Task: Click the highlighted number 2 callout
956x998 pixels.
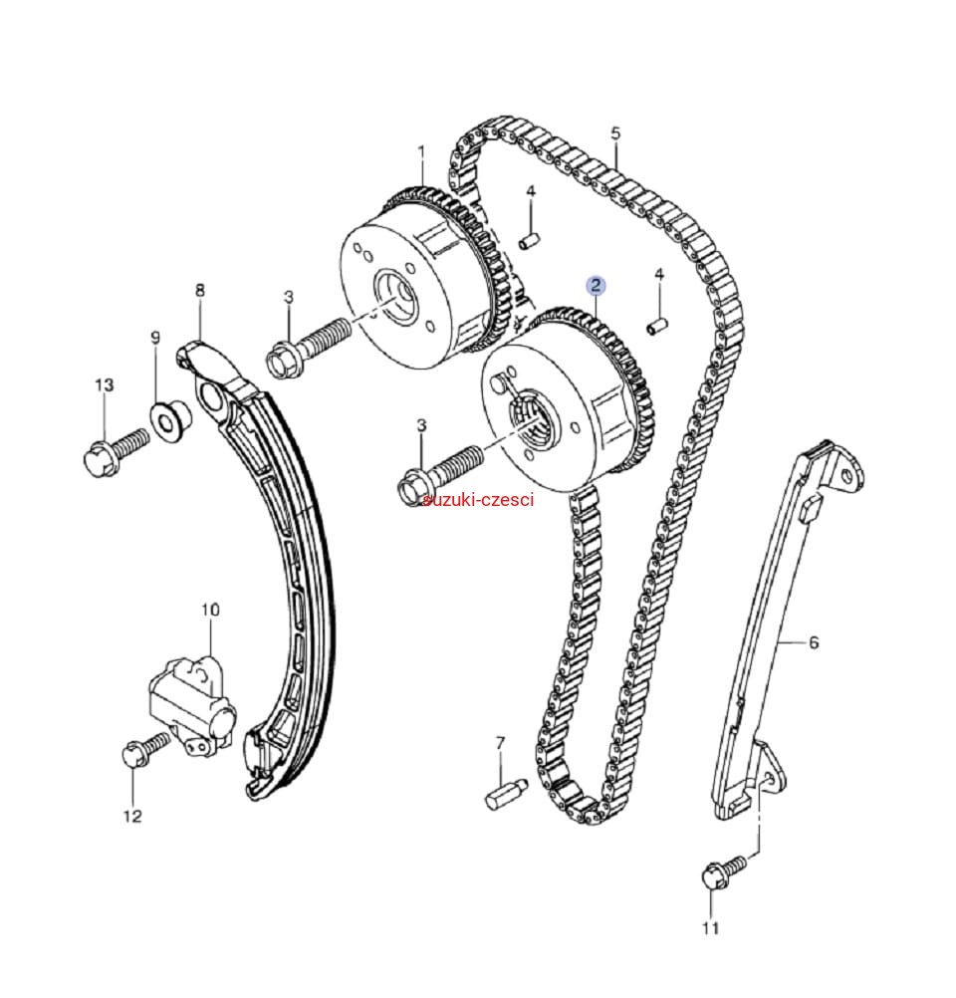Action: click(x=596, y=286)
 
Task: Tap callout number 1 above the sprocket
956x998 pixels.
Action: click(x=420, y=152)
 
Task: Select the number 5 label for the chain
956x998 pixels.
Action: click(x=615, y=132)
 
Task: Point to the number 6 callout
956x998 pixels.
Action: click(x=814, y=642)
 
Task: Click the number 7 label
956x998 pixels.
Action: click(x=500, y=742)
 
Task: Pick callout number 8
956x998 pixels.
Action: click(x=200, y=291)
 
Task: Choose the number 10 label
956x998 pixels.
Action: click(x=209, y=609)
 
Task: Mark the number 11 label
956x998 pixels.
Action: click(x=711, y=928)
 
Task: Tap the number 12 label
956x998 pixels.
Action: click(x=132, y=817)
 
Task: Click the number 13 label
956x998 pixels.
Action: click(x=105, y=384)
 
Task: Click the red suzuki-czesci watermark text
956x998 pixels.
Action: click(x=478, y=499)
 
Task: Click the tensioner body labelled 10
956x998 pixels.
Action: click(x=189, y=697)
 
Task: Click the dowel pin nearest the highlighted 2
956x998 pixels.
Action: click(x=656, y=324)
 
